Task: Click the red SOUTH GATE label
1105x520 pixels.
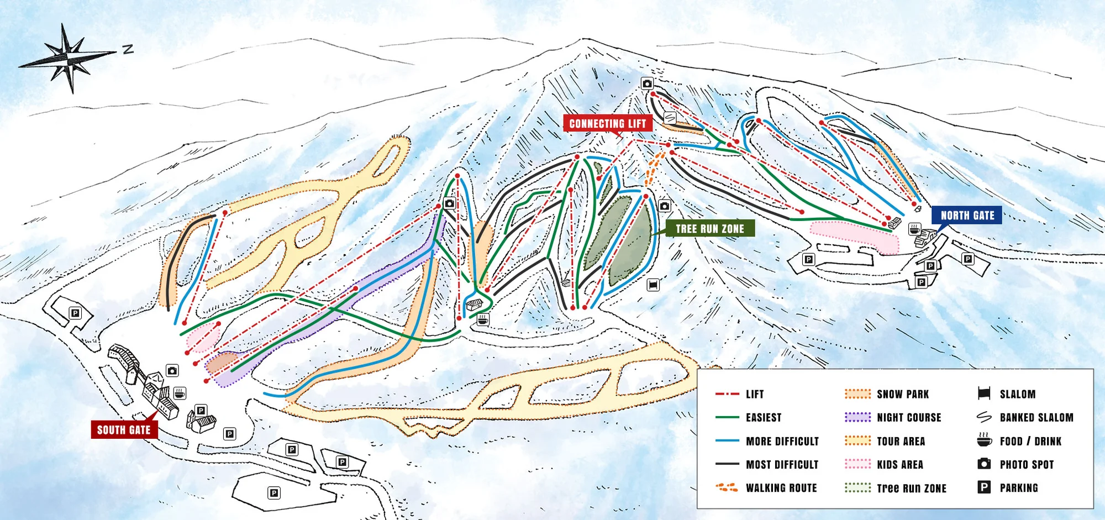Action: pyautogui.click(x=124, y=430)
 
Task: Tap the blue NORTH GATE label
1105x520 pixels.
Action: pyautogui.click(x=967, y=216)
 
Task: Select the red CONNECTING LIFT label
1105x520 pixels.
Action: pyautogui.click(x=607, y=124)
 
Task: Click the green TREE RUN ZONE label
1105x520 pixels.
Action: pyautogui.click(x=709, y=229)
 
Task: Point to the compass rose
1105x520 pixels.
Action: pyautogui.click(x=69, y=56)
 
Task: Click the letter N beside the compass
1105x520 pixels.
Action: pyautogui.click(x=128, y=49)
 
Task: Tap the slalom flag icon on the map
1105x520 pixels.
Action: pyautogui.click(x=653, y=285)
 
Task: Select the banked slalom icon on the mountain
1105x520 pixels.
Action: pyautogui.click(x=670, y=118)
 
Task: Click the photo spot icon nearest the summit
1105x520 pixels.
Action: pyautogui.click(x=647, y=83)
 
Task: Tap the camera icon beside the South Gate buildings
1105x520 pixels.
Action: pyautogui.click(x=172, y=371)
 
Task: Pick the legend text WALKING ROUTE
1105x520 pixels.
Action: pyautogui.click(x=781, y=488)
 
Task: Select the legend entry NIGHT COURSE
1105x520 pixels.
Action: pyautogui.click(x=909, y=418)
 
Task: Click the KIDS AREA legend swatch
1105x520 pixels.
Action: pyautogui.click(x=857, y=464)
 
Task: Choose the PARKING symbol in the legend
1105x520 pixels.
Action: pyautogui.click(x=984, y=487)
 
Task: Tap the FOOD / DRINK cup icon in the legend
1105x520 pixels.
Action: pyautogui.click(x=984, y=440)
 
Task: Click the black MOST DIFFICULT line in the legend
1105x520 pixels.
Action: pyautogui.click(x=727, y=464)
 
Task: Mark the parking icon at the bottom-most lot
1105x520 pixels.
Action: pyautogui.click(x=273, y=493)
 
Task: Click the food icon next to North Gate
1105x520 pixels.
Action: pyautogui.click(x=914, y=228)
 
